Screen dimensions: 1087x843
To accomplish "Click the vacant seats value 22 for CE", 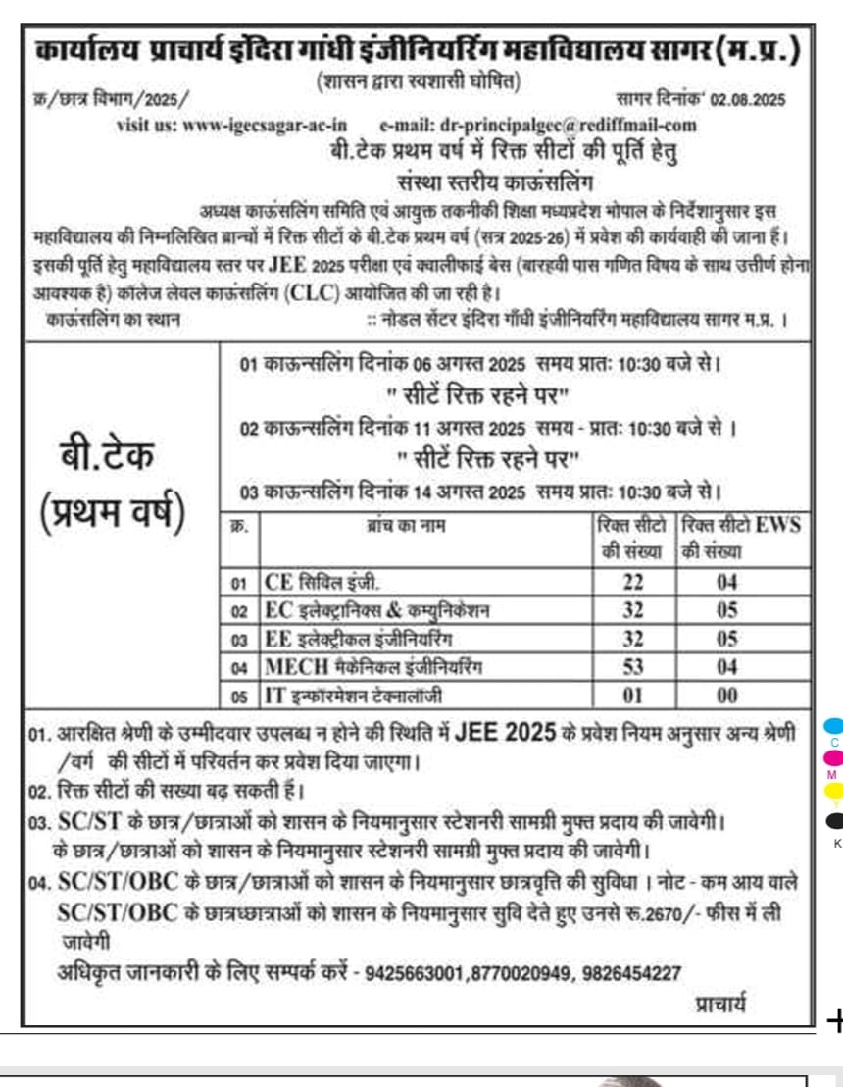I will coord(633,582).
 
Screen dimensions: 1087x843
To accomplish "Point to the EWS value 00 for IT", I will coord(725,696).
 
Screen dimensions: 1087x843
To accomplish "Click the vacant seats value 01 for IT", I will coord(633,696).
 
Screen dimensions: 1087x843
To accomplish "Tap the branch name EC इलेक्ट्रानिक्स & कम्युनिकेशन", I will coord(376,610).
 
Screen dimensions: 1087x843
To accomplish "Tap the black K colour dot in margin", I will coord(834,820).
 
